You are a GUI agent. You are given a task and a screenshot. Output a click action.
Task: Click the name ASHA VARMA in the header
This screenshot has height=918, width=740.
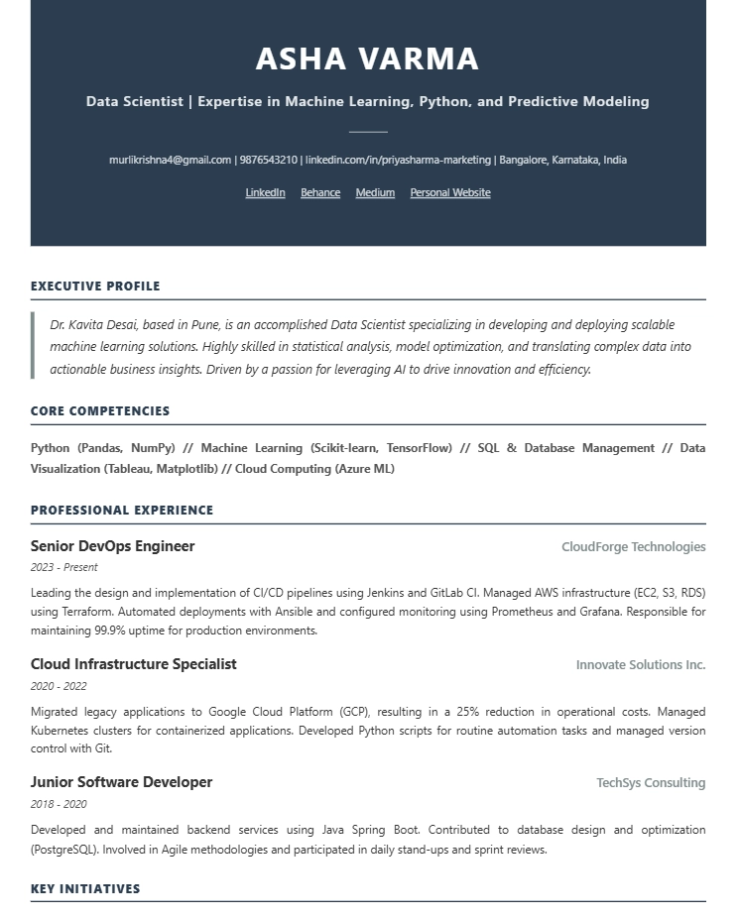tap(367, 59)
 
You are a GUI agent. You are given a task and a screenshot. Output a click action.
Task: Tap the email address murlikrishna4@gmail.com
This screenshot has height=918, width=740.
tap(170, 160)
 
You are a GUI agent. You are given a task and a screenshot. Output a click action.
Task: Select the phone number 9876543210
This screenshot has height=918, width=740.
tap(268, 160)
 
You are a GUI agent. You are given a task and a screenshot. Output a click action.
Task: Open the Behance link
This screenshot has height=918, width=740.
tap(320, 192)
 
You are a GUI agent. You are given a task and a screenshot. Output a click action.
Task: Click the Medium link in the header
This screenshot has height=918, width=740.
tap(375, 192)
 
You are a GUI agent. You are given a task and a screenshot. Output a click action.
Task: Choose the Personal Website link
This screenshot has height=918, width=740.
tap(450, 192)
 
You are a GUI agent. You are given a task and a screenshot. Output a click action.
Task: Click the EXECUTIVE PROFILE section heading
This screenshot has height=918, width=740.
tap(95, 287)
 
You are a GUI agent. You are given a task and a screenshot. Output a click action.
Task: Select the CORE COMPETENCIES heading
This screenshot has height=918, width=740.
tap(100, 411)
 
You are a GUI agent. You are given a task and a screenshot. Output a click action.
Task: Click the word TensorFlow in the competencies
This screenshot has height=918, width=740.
tap(419, 448)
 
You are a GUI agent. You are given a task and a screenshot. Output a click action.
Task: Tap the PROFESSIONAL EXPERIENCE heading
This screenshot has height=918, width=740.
tap(122, 511)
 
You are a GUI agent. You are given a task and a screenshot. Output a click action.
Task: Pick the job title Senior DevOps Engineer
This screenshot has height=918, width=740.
tap(112, 546)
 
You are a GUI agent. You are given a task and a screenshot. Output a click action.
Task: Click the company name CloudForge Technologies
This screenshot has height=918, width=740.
tap(633, 547)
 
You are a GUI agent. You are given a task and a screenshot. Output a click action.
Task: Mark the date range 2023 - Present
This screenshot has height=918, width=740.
tap(64, 568)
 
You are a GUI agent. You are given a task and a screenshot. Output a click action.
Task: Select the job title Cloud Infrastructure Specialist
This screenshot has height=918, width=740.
tap(133, 664)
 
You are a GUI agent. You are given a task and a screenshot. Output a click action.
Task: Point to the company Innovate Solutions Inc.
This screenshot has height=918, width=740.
tap(640, 665)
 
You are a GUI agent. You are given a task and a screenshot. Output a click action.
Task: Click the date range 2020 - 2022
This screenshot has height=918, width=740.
tap(59, 686)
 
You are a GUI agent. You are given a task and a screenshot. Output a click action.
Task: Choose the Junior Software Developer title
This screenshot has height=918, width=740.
tap(121, 782)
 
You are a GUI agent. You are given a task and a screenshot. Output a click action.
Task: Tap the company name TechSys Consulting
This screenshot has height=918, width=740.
tap(650, 783)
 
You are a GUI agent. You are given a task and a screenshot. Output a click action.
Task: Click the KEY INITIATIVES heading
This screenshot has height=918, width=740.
tap(85, 889)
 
